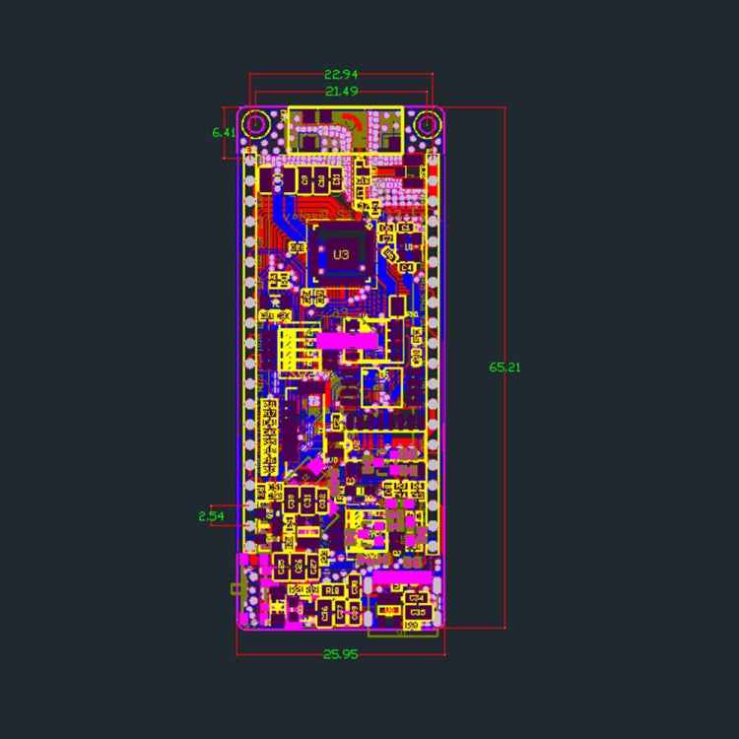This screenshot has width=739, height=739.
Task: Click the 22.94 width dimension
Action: pos(341,74)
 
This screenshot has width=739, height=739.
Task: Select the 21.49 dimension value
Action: pos(341,91)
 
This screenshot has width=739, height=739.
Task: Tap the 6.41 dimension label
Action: pos(224,132)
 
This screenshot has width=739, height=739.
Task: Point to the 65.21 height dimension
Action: pos(504,367)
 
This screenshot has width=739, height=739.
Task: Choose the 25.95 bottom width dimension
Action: pos(340,654)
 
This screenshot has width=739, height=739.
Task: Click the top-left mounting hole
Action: pos(256,124)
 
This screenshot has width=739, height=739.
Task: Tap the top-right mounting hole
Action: pos(427,124)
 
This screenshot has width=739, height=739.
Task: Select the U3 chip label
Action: pos(341,254)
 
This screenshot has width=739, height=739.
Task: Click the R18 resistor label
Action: pos(332,590)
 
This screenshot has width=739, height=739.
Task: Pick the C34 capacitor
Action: pos(417,597)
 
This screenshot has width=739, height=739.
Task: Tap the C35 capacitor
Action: pos(417,612)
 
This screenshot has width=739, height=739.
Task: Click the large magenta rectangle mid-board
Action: pos(346,340)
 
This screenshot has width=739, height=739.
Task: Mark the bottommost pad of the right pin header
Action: pos(432,546)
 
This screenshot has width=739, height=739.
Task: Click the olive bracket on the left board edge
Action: pos(237,589)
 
